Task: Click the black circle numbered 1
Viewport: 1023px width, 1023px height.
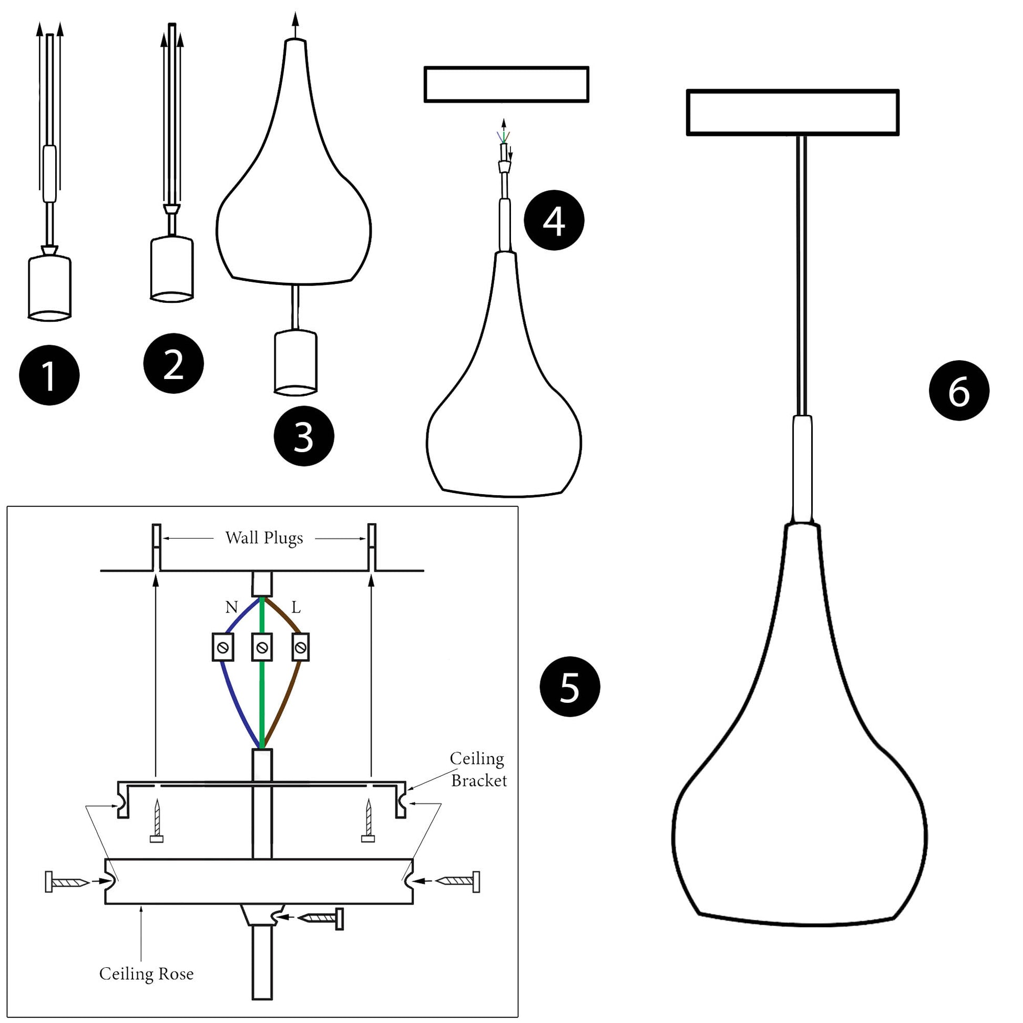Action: click(x=49, y=375)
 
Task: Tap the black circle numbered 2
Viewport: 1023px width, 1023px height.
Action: click(x=173, y=363)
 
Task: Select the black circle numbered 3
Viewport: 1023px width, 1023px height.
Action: click(x=303, y=436)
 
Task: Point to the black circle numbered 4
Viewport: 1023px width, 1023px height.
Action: click(x=554, y=220)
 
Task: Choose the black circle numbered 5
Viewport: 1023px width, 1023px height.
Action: click(x=570, y=687)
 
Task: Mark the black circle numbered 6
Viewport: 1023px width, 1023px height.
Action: click(x=959, y=391)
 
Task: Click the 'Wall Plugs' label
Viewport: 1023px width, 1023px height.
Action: click(x=264, y=538)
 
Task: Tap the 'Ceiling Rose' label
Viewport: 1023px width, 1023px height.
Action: click(x=146, y=974)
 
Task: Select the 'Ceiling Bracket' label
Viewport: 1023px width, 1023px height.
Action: click(x=478, y=770)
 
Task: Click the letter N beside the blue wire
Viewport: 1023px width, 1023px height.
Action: click(x=231, y=607)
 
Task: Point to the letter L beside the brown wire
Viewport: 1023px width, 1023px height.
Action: click(x=296, y=607)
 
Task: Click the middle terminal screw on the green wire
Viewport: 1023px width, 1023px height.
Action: click(x=262, y=647)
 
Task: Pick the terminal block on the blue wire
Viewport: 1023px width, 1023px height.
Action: click(x=223, y=647)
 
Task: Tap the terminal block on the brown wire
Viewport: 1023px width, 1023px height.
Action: click(x=300, y=647)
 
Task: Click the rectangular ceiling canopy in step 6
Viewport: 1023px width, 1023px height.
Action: click(x=792, y=112)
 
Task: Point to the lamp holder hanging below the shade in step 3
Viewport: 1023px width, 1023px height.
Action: click(x=295, y=362)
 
